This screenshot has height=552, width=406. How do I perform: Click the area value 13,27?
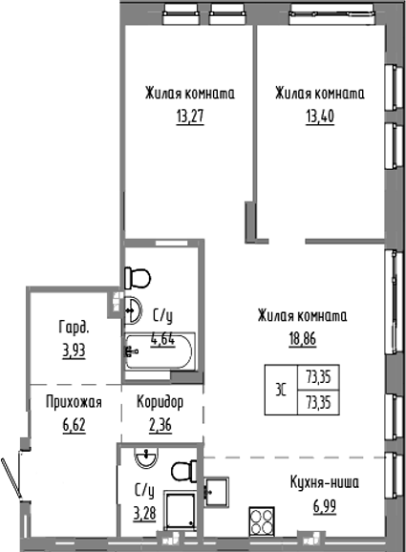tap(190, 116)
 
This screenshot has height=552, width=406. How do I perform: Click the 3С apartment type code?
tap(279, 388)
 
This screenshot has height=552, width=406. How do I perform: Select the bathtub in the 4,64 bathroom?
tap(160, 352)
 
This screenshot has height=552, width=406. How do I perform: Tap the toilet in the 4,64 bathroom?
tap(139, 278)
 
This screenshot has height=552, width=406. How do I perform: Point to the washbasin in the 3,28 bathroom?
tap(144, 460)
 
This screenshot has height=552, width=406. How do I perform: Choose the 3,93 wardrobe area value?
tap(72, 349)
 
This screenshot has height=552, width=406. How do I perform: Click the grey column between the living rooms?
tap(250, 222)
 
